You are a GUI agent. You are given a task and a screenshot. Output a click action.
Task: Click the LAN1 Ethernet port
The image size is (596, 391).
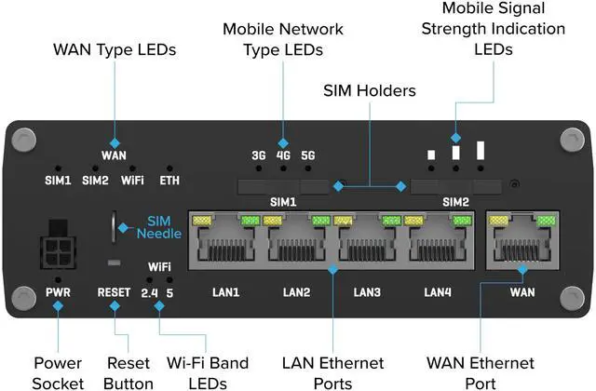coord(224,245)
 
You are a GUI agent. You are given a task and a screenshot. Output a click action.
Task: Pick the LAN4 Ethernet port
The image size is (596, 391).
coord(438,245)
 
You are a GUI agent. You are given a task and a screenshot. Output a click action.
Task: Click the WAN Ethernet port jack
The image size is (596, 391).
coord(521,245)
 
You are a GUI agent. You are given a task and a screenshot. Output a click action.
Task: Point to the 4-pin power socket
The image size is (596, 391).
coord(56,247)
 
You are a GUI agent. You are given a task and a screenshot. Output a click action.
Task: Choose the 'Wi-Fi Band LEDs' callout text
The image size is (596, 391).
coord(198,372)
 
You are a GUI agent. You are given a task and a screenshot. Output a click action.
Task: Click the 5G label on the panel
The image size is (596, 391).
coord(309,155)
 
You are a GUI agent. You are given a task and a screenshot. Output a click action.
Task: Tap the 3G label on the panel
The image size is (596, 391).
coord(260,155)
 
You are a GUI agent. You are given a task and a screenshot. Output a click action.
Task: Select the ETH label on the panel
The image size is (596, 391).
coord(170,181)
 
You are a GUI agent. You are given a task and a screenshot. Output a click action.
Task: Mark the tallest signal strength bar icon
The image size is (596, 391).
coord(481,151)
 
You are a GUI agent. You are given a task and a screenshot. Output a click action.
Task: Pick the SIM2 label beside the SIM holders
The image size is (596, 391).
coord(455,201)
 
